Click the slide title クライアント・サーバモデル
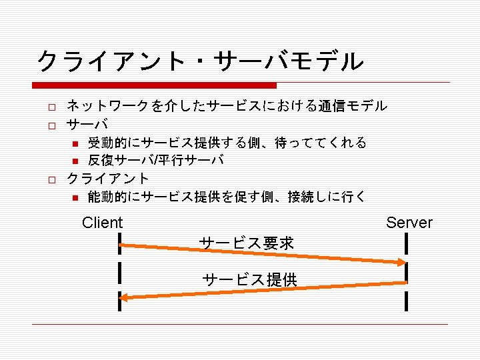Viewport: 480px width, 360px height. [200, 61]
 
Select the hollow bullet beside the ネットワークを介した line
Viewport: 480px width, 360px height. [49, 106]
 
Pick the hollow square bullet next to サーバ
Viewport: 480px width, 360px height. [49, 124]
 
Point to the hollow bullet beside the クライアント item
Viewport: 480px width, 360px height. [49, 179]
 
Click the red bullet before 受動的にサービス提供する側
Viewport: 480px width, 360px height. [75, 143]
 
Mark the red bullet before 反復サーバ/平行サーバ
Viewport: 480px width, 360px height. [75, 161]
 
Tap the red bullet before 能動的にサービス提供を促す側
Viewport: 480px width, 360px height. [75, 197]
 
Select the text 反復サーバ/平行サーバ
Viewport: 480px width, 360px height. [155, 160]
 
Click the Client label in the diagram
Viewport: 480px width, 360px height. [102, 223]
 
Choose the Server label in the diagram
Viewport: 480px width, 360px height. [409, 223]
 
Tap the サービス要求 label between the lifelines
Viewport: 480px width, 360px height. [247, 243]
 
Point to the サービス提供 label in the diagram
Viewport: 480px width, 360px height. [250, 279]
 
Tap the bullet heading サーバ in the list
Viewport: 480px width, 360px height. [87, 124]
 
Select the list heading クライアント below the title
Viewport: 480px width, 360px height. [109, 179]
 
